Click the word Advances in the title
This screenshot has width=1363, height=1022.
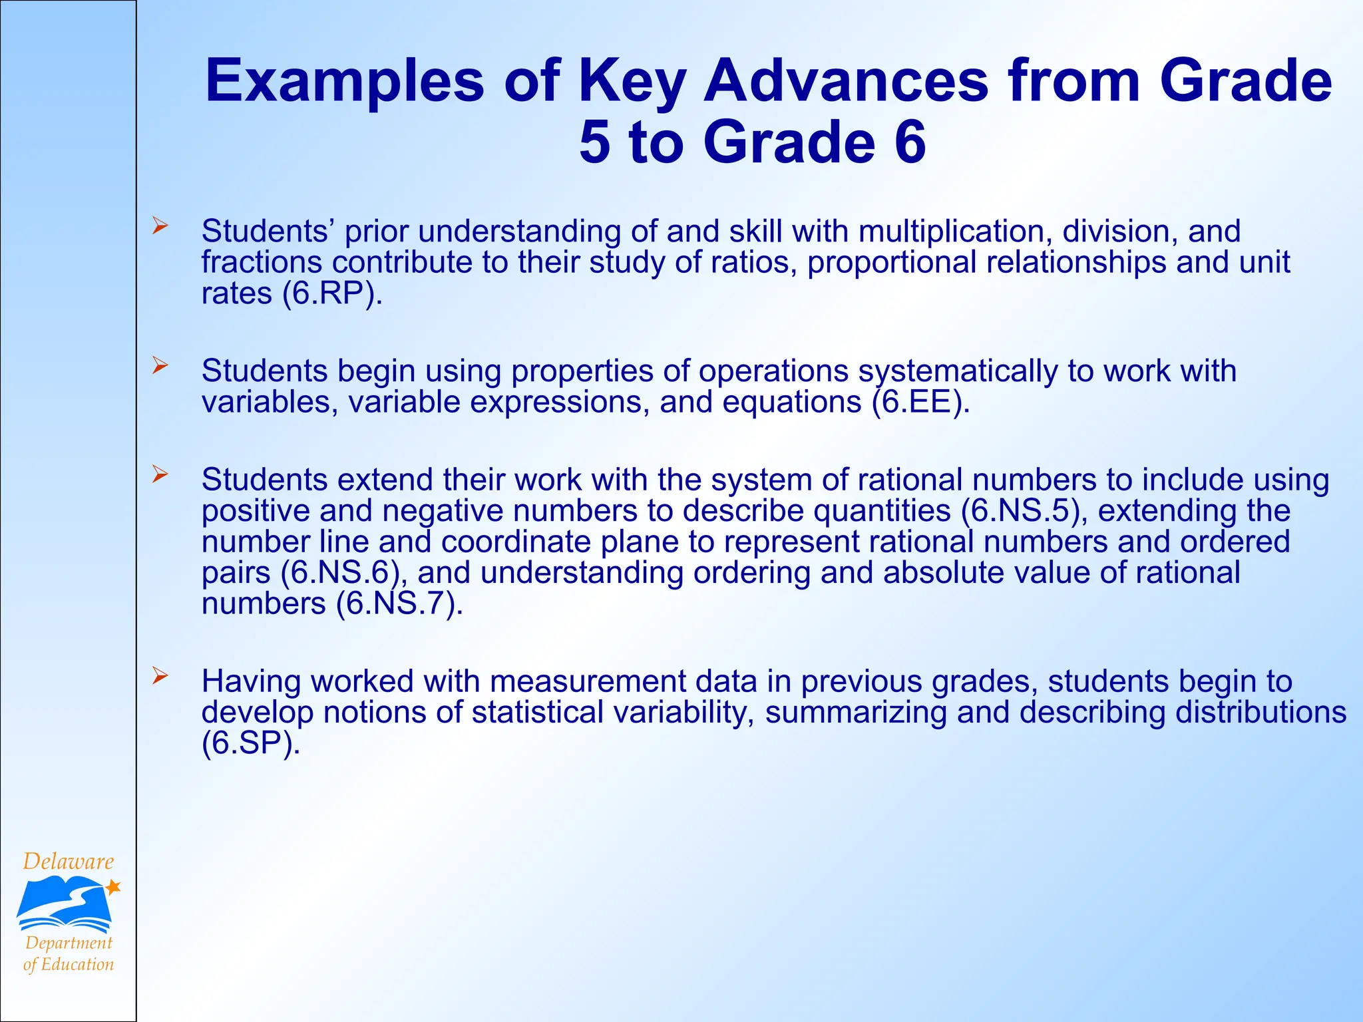[846, 81]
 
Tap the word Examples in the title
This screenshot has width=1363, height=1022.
[345, 81]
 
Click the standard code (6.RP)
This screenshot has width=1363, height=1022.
[332, 293]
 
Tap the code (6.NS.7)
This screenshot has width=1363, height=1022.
[399, 604]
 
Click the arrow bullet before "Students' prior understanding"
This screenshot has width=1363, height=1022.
[159, 226]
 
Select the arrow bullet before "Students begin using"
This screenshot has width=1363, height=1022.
[159, 365]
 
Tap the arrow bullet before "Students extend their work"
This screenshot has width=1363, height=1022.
[159, 474]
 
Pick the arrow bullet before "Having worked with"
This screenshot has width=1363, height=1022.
[159, 676]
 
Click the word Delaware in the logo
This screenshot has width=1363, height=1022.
[69, 862]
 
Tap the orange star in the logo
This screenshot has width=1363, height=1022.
[113, 887]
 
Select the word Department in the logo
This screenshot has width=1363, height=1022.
[69, 943]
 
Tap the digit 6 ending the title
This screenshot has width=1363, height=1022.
[909, 142]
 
